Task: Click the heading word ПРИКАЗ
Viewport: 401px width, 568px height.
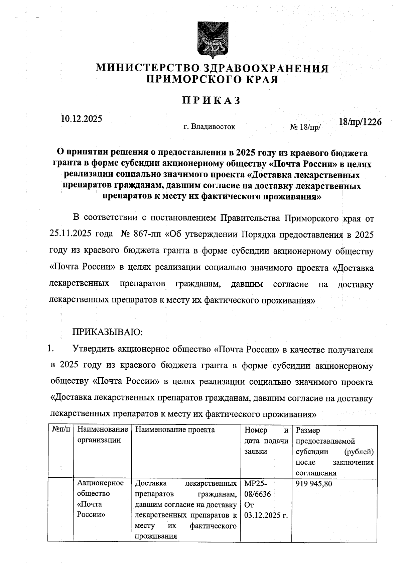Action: pos(212,100)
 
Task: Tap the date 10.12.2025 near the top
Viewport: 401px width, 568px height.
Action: pos(82,119)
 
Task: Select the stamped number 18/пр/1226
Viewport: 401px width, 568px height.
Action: pos(360,122)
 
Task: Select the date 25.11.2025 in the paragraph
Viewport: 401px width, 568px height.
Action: pos(70,233)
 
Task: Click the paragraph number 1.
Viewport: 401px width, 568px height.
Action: pos(51,349)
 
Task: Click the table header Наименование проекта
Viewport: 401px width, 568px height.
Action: pos(175,430)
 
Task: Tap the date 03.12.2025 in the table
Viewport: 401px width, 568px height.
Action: pos(266,515)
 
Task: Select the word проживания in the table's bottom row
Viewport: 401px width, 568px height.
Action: pos(156,537)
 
